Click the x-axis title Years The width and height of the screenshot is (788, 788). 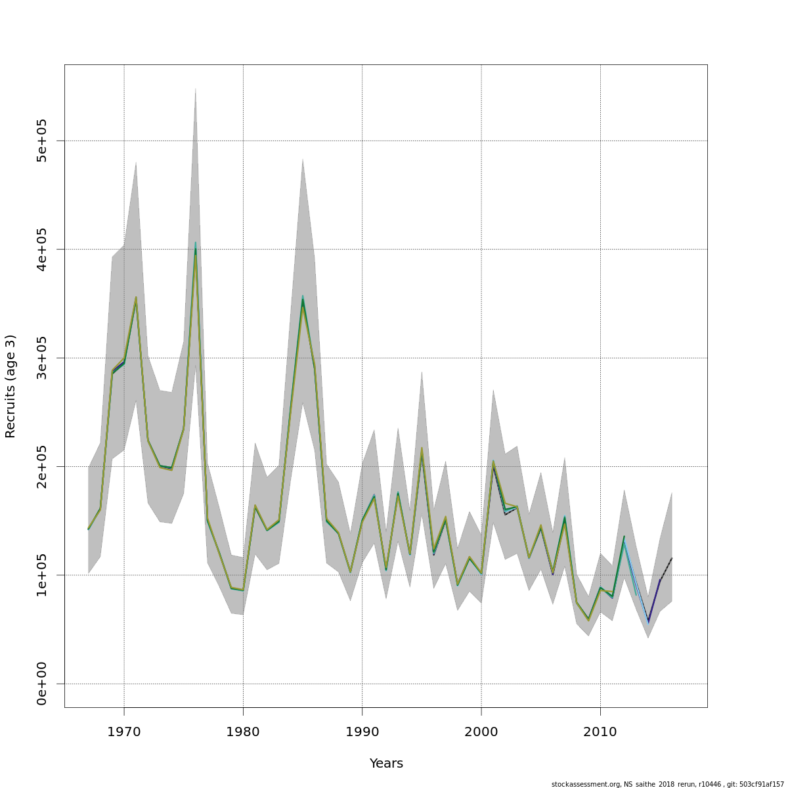tap(386, 764)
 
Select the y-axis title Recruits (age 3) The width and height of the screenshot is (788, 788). tap(11, 386)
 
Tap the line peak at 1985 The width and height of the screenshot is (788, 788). tap(303, 301)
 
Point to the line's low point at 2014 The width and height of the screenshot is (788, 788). tap(648, 621)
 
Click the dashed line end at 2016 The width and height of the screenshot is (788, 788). tap(672, 558)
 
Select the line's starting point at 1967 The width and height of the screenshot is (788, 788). tap(88, 529)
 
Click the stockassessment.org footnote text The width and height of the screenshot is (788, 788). tap(667, 784)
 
